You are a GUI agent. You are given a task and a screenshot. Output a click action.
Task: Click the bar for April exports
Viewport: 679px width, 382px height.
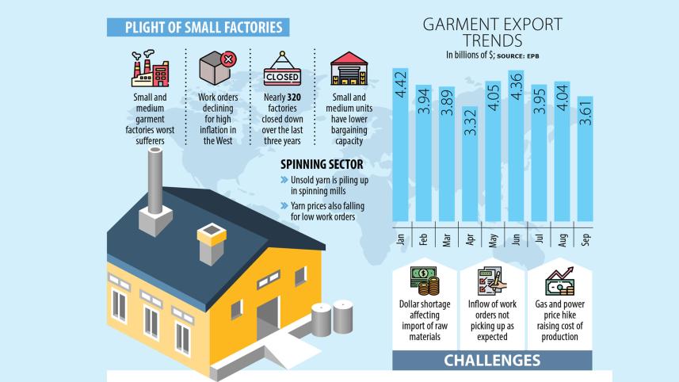[x=470, y=163]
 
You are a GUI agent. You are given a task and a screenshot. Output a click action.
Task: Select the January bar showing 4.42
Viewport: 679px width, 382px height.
[x=401, y=143]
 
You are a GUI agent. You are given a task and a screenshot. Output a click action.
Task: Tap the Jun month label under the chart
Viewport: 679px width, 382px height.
[x=516, y=239]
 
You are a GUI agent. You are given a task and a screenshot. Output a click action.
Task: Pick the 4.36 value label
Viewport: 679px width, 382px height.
[x=516, y=90]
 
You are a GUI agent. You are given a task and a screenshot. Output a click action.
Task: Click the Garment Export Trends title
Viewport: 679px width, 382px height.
[x=492, y=32]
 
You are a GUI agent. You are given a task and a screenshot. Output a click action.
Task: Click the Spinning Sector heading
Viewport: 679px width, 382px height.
[x=322, y=165]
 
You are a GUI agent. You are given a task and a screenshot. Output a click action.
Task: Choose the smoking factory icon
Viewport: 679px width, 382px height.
[x=150, y=69]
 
